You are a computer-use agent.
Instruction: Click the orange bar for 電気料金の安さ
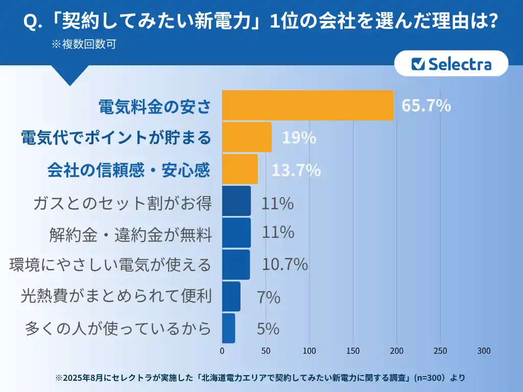[x=307, y=106]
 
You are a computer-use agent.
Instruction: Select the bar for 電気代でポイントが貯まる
[x=247, y=137]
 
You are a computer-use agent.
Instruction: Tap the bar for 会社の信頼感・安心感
[x=240, y=169]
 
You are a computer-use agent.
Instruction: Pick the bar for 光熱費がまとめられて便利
[x=231, y=297]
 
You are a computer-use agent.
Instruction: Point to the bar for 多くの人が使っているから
[x=228, y=328]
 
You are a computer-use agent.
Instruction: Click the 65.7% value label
[x=426, y=106]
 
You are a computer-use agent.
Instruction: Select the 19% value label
[x=299, y=138]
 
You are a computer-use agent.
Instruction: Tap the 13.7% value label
[x=296, y=170]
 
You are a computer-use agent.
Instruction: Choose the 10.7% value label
[x=284, y=264]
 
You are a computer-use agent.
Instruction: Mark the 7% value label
[x=269, y=297]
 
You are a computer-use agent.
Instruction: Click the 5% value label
[x=268, y=329]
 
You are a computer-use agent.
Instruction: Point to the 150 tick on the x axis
[x=353, y=351]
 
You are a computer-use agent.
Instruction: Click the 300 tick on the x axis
[x=484, y=351]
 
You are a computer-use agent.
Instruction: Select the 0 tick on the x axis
[x=222, y=351]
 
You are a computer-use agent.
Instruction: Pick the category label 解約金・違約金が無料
[x=130, y=235]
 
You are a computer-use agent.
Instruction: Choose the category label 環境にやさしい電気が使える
[x=110, y=265]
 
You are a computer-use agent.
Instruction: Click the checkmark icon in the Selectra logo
[x=419, y=64]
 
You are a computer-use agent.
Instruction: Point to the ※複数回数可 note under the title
[x=84, y=44]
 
